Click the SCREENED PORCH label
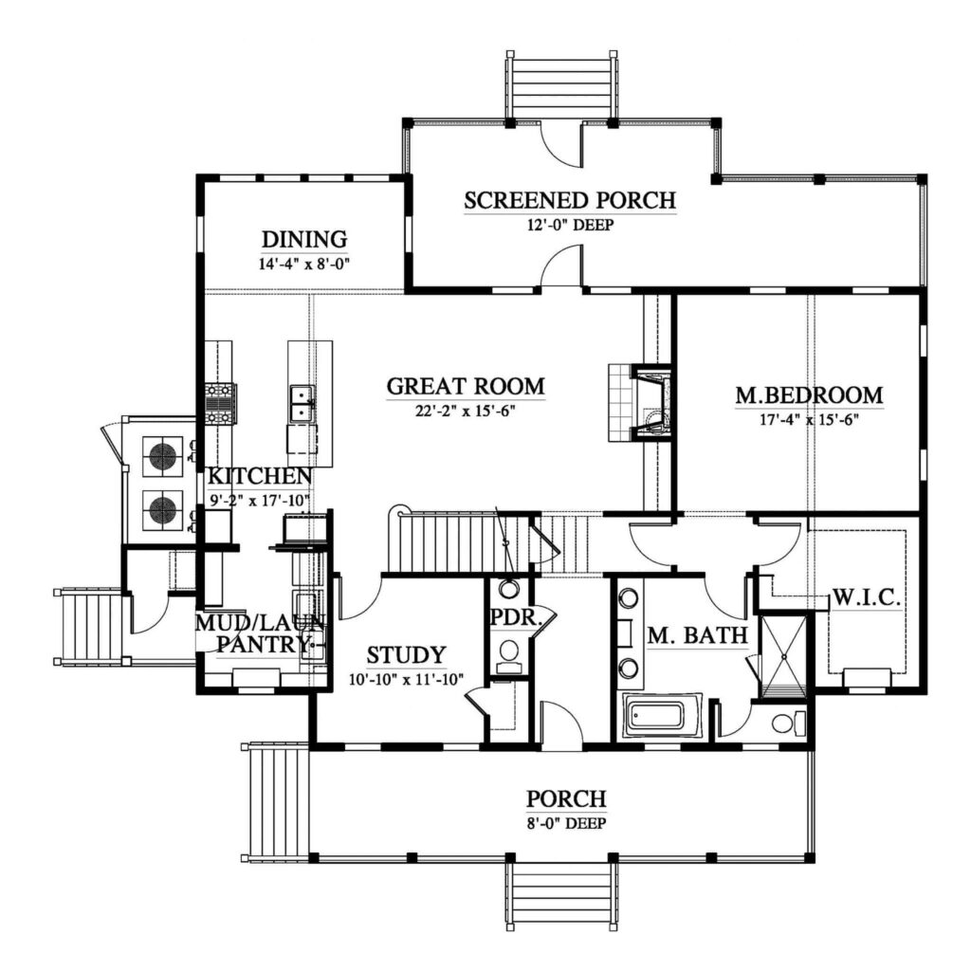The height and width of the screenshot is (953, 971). pyautogui.click(x=569, y=200)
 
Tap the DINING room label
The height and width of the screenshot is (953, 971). pyautogui.click(x=304, y=239)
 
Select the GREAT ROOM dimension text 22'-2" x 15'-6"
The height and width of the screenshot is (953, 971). pyautogui.click(x=466, y=411)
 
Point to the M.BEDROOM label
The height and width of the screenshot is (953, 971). pyautogui.click(x=809, y=394)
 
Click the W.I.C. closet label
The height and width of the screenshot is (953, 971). pyautogui.click(x=866, y=598)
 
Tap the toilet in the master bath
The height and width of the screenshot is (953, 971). pyautogui.click(x=784, y=724)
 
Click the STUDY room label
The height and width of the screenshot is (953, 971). pyautogui.click(x=406, y=654)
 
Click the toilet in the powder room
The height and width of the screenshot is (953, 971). pyautogui.click(x=510, y=653)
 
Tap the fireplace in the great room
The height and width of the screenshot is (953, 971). pyautogui.click(x=650, y=402)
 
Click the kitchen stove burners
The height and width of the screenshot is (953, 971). pyautogui.click(x=221, y=404)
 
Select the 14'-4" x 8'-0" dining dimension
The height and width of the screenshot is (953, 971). pyautogui.click(x=304, y=265)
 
